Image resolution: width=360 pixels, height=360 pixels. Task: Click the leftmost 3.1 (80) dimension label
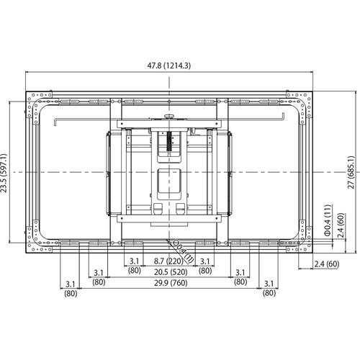(69, 288)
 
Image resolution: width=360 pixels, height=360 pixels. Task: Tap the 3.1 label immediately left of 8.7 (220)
(135, 265)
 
